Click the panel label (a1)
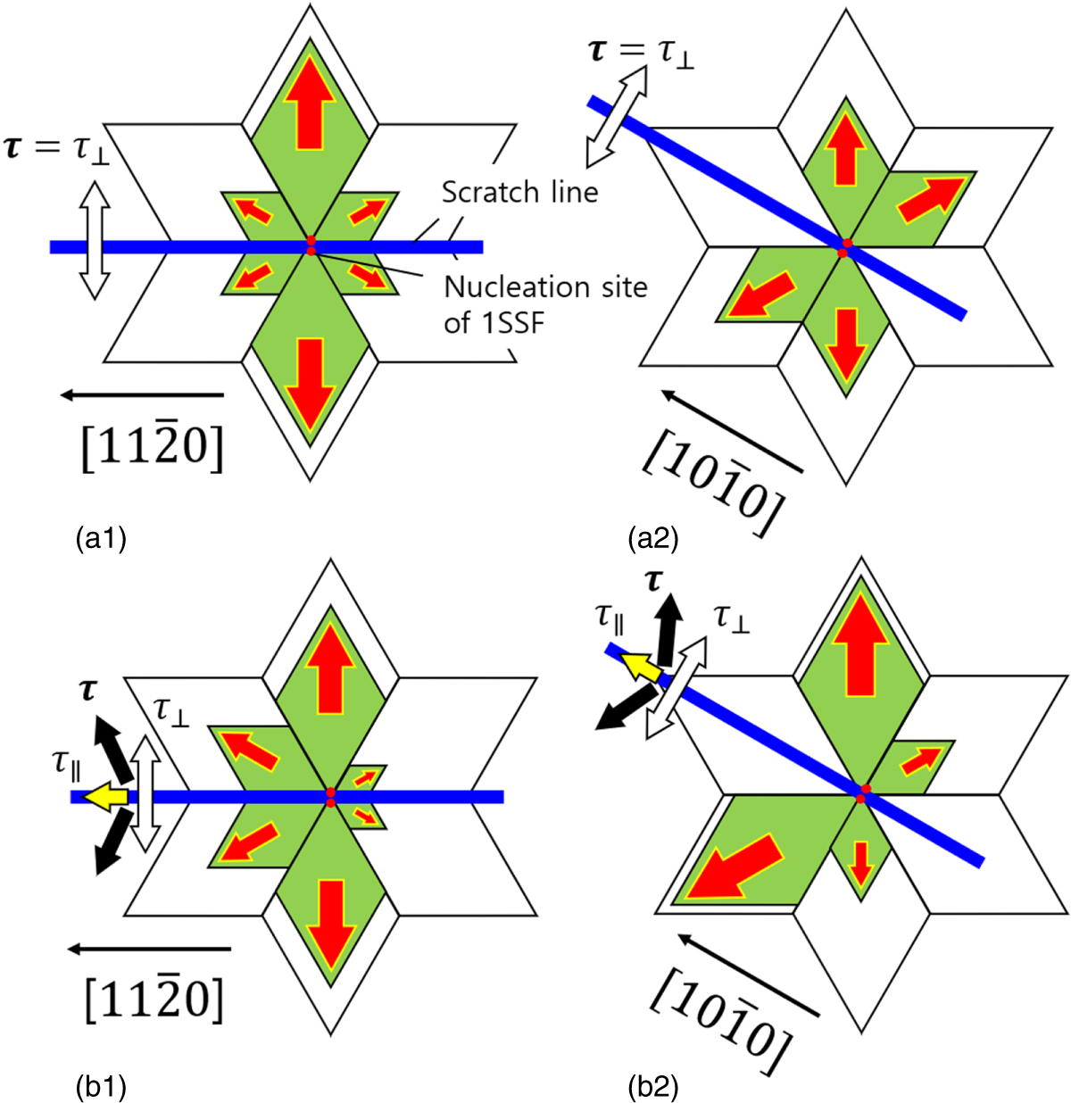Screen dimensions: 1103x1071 [x=101, y=538]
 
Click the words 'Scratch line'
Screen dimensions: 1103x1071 [x=519, y=192]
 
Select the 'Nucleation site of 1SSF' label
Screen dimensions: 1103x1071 [x=545, y=303]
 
